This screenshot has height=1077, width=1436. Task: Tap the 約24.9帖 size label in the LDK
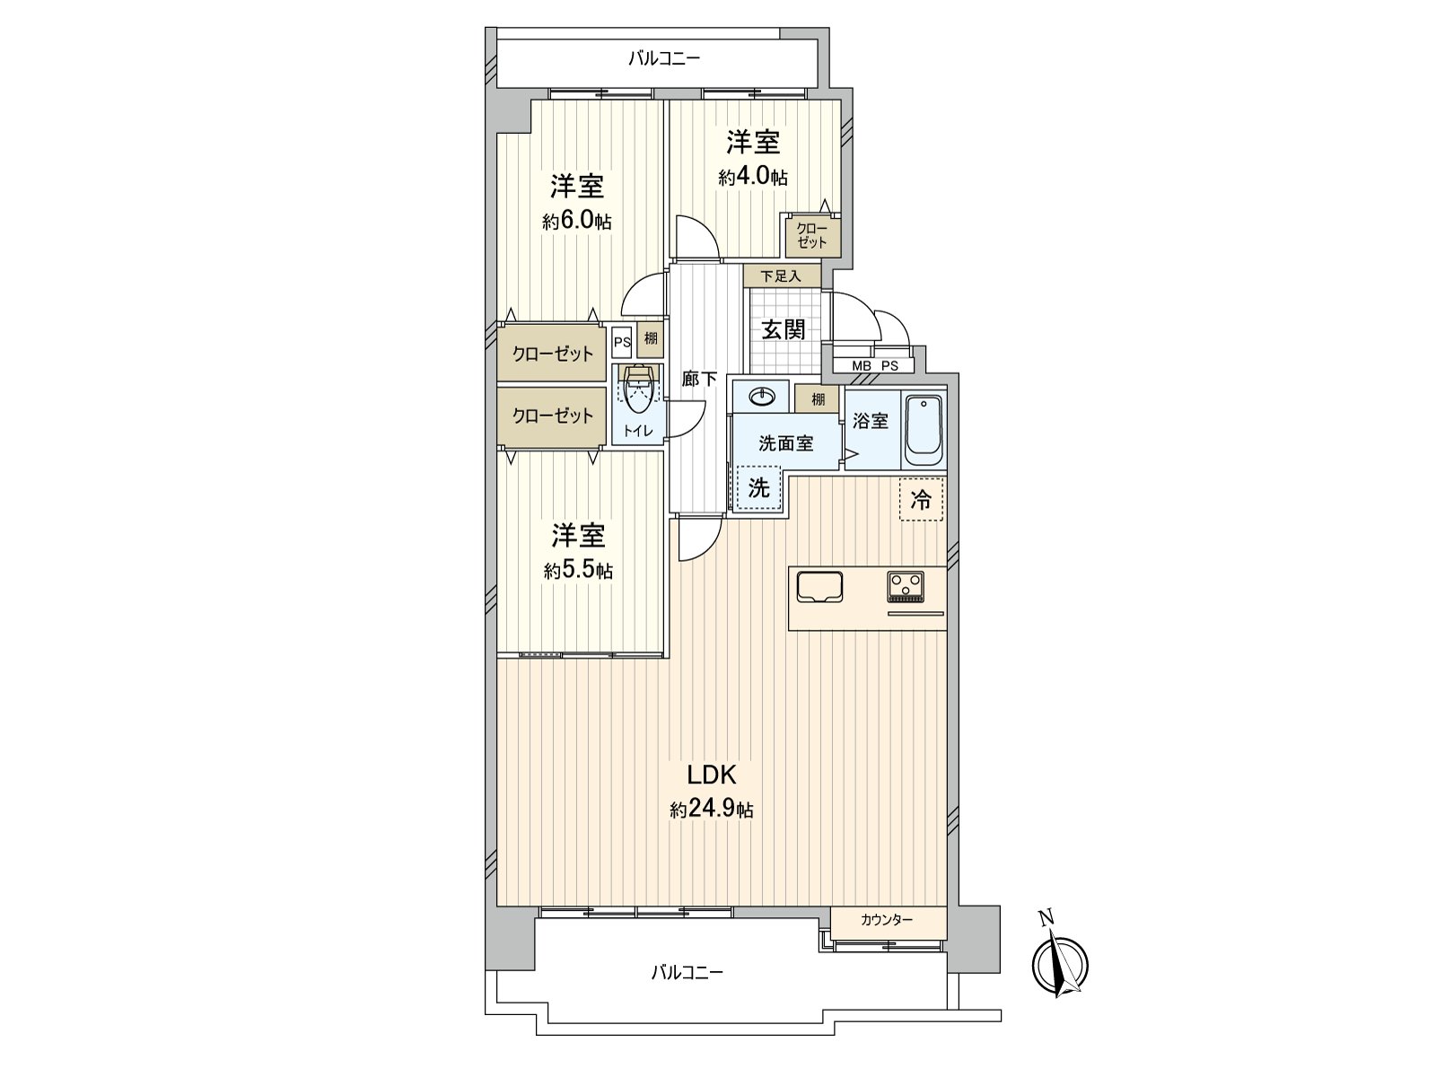[711, 810]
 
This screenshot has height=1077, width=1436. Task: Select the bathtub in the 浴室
[924, 429]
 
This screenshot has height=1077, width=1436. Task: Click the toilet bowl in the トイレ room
[638, 391]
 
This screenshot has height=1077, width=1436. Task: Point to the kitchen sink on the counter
[819, 587]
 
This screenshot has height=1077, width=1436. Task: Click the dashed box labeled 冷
[921, 499]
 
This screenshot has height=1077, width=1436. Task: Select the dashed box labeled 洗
[759, 489]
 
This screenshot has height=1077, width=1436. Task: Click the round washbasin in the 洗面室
[760, 396]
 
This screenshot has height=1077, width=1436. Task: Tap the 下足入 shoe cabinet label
[781, 276]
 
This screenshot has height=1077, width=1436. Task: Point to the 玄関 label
[784, 330]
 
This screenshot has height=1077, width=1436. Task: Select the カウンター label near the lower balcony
[886, 920]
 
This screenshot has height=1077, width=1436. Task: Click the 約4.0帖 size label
[753, 177]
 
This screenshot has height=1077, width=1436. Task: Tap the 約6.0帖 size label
[576, 221]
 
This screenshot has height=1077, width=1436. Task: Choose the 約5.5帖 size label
[578, 571]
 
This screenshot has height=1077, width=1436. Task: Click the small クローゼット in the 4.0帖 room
[811, 235]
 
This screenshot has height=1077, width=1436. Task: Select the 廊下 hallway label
[698, 380]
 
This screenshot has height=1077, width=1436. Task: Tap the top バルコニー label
[663, 60]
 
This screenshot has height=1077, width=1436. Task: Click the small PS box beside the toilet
[622, 341]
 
